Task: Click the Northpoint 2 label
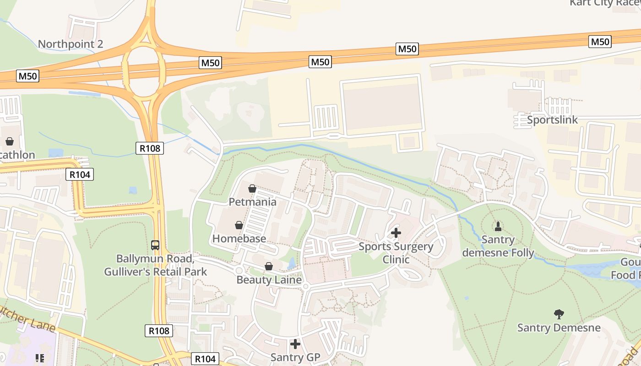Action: pyautogui.click(x=70, y=44)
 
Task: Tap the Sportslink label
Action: pyautogui.click(x=552, y=120)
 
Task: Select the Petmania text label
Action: pyautogui.click(x=252, y=202)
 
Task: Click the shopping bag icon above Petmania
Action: pyautogui.click(x=252, y=188)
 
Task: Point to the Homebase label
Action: pyautogui.click(x=239, y=238)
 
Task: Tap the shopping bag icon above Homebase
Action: pyautogui.click(x=239, y=225)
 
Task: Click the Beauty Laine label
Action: pyautogui.click(x=269, y=280)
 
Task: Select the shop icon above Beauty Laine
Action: pyautogui.click(x=269, y=266)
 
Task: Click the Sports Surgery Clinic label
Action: pyautogui.click(x=396, y=253)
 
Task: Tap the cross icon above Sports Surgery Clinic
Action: pyautogui.click(x=396, y=233)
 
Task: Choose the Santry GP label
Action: pyautogui.click(x=295, y=357)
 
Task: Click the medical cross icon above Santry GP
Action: pyautogui.click(x=295, y=344)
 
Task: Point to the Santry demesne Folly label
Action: pyautogui.click(x=498, y=246)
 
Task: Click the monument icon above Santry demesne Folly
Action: pyautogui.click(x=498, y=226)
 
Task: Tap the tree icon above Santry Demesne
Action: pyautogui.click(x=559, y=314)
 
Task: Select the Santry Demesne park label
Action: pyautogui.click(x=559, y=328)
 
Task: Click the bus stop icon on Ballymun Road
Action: pyautogui.click(x=155, y=245)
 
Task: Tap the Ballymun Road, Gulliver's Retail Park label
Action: pyautogui.click(x=155, y=265)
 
